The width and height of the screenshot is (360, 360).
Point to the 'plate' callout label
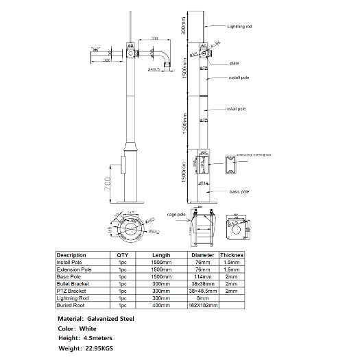click(x=234, y=64)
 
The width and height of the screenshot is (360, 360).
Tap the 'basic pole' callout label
click(x=239, y=191)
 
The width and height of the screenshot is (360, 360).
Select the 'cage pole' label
click(x=177, y=215)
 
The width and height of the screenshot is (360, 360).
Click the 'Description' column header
click(x=71, y=255)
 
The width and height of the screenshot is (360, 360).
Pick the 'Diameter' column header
click(x=202, y=255)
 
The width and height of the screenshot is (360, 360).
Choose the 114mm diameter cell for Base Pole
click(x=202, y=276)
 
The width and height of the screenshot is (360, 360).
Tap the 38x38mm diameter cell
click(x=202, y=283)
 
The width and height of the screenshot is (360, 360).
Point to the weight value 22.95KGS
click(x=100, y=348)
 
